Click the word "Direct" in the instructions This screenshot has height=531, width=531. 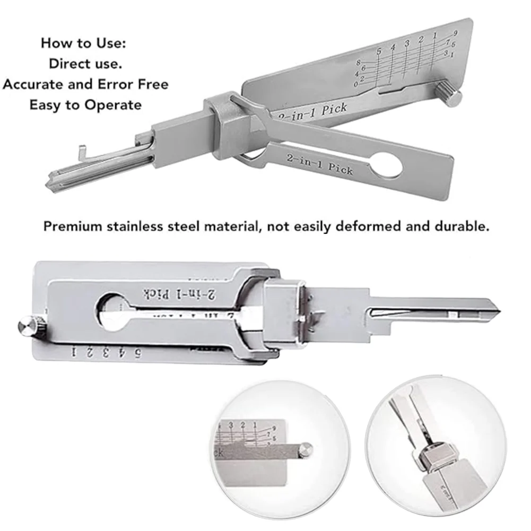(69, 64)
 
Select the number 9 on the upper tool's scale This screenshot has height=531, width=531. (455, 33)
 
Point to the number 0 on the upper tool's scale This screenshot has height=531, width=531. (355, 84)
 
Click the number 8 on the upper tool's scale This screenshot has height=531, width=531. (359, 63)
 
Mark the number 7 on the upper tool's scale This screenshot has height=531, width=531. (449, 41)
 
